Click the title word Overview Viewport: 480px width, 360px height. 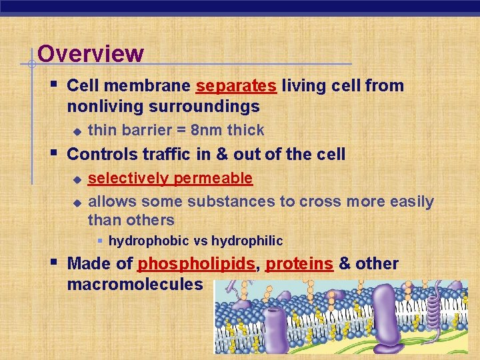tap(91, 53)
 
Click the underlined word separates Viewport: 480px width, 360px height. tap(236, 86)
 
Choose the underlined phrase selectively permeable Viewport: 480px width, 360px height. tap(170, 178)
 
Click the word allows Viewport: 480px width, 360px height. tap(112, 201)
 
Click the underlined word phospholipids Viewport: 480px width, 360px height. tap(196, 264)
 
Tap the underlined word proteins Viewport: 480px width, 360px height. tap(299, 264)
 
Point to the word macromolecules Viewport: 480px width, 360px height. tap(135, 284)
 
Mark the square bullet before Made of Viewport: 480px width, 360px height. tap(54, 262)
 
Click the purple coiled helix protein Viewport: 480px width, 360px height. tap(434, 313)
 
